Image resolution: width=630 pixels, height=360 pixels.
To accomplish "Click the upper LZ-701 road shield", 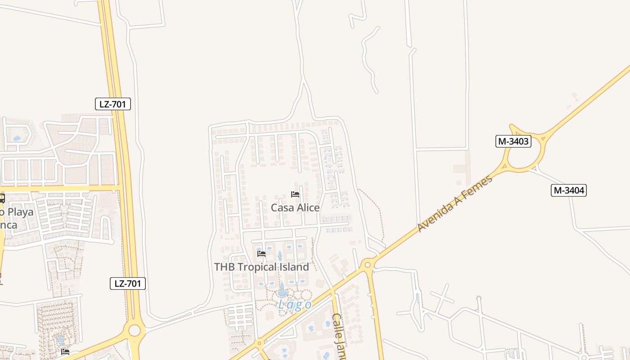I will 113,104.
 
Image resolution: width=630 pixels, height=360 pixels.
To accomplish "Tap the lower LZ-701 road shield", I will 128,283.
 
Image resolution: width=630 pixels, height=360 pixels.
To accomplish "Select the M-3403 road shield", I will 513,141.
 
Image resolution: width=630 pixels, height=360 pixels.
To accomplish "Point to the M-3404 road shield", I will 569,190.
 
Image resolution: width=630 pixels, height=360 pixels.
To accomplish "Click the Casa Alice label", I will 295,207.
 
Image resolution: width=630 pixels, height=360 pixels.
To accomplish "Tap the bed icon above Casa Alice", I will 295,194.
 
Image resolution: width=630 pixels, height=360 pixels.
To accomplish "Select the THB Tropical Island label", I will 261,267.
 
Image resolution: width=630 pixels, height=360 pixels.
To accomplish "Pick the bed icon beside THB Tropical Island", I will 261,254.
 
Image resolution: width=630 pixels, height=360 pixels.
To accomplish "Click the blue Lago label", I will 295,305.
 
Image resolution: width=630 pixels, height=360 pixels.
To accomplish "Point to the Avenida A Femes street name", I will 455,203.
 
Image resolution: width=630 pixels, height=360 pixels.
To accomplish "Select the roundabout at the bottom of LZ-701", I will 134,331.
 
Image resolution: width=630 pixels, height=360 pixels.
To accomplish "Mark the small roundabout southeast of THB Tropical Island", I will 368,265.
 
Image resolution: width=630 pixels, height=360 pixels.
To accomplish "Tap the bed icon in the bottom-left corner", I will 65,351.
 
